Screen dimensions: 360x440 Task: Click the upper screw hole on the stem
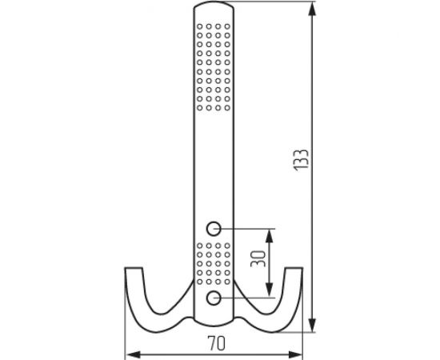(214, 226)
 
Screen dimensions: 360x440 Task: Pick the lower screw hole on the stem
(214, 298)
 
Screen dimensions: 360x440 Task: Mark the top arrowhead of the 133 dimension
(310, 10)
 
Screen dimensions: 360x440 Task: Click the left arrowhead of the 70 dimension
(132, 353)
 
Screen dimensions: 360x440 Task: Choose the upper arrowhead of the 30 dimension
(270, 233)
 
